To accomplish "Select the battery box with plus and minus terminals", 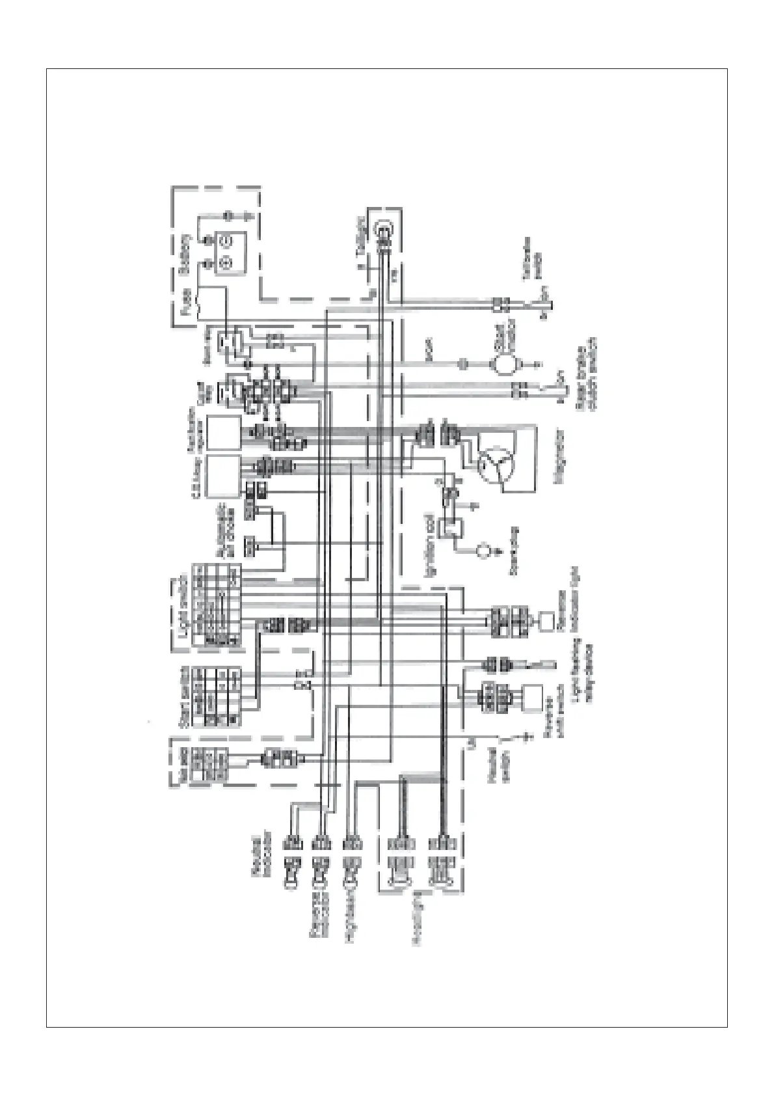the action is pyautogui.click(x=226, y=252).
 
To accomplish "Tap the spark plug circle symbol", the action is pyautogui.click(x=483, y=551).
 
